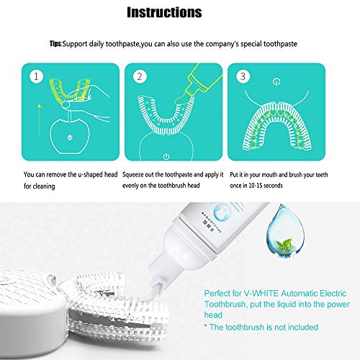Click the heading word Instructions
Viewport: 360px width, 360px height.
click(163, 12)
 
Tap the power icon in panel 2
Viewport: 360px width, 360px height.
click(167, 156)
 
